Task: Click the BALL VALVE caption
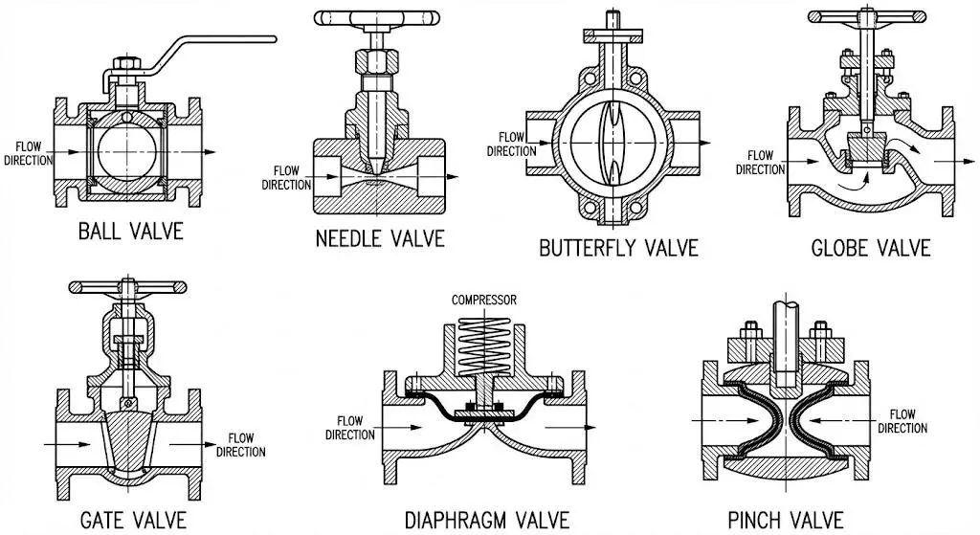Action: tap(130, 232)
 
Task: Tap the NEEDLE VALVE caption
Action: tap(380, 238)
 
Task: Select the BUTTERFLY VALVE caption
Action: tap(618, 248)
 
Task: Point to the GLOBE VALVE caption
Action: tap(871, 248)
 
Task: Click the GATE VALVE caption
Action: tap(133, 520)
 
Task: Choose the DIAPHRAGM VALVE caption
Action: tap(487, 520)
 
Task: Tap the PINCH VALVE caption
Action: tap(786, 520)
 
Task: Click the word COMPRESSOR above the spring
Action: tap(483, 300)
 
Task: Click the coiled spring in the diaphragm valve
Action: tap(484, 346)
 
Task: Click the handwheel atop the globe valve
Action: tap(866, 16)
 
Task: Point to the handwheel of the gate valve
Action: tap(127, 287)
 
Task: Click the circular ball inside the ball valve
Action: tap(127, 152)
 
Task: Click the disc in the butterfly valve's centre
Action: tap(612, 143)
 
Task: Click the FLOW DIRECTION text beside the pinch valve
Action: tap(902, 421)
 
